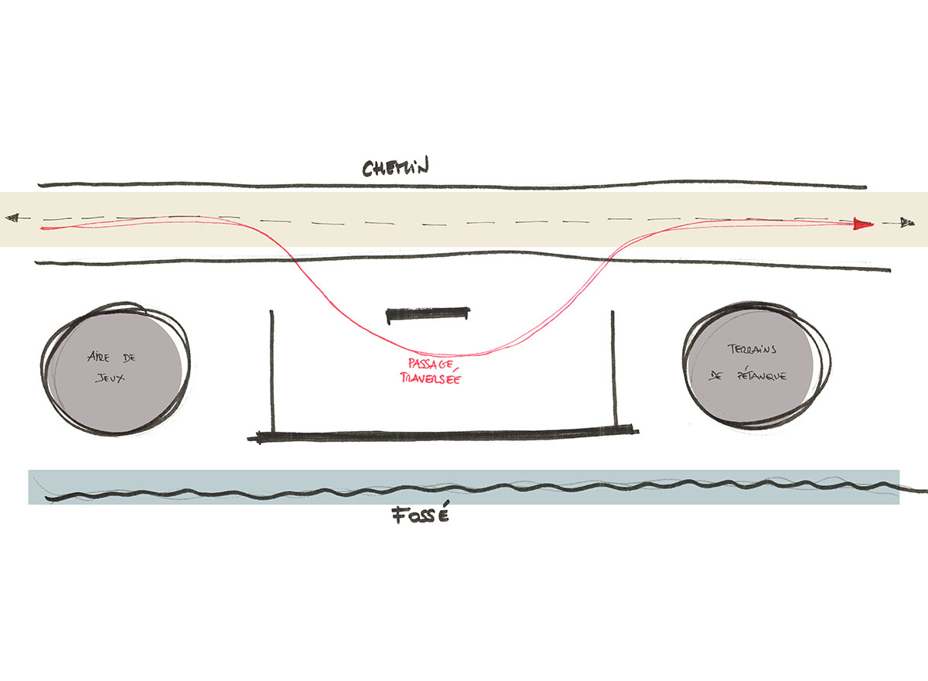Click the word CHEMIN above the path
tap(395, 168)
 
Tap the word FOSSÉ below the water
tap(418, 516)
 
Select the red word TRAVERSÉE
tap(426, 378)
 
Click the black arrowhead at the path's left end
tap(11, 218)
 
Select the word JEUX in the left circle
tap(111, 379)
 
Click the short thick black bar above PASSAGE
tap(428, 313)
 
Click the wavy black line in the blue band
tap(464, 490)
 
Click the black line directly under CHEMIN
tap(452, 187)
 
